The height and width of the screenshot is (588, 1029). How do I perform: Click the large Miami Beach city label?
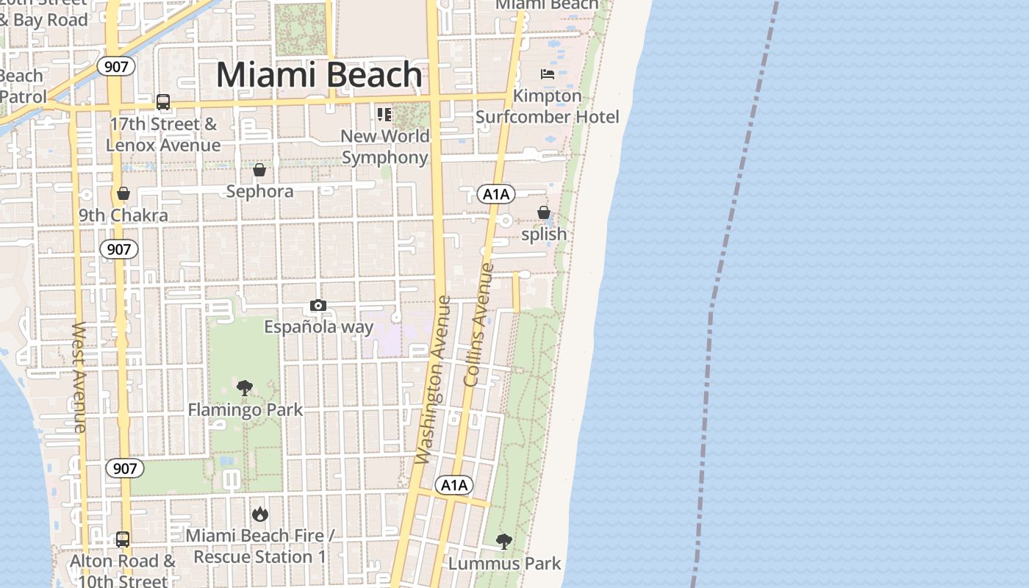pyautogui.click(x=319, y=75)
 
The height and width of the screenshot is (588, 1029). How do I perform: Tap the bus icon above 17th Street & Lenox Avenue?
pyautogui.click(x=163, y=102)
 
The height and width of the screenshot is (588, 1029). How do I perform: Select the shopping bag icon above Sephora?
pyautogui.click(x=259, y=170)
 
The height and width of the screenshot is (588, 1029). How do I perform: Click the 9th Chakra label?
pyautogui.click(x=123, y=215)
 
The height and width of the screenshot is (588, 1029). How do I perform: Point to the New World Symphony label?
pyautogui.click(x=385, y=147)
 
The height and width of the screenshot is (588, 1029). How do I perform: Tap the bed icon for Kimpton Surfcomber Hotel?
pyautogui.click(x=547, y=73)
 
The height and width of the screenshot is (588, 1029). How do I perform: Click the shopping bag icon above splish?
pyautogui.click(x=544, y=212)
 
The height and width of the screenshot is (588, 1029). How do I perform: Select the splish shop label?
pyautogui.click(x=544, y=234)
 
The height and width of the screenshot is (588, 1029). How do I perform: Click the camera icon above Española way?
pyautogui.click(x=318, y=305)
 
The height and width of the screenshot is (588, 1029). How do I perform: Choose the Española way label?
pyautogui.click(x=319, y=327)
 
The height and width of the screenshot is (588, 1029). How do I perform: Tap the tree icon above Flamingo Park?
pyautogui.click(x=245, y=387)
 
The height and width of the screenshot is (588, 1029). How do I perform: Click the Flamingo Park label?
pyautogui.click(x=245, y=409)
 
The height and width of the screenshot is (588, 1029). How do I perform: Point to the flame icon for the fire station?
pyautogui.click(x=259, y=514)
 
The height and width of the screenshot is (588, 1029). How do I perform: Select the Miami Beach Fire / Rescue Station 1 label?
pyautogui.click(x=259, y=546)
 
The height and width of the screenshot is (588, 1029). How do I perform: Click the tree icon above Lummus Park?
pyautogui.click(x=504, y=542)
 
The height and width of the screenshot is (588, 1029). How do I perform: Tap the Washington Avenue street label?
pyautogui.click(x=432, y=379)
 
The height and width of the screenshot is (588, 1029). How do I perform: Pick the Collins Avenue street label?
pyautogui.click(x=477, y=325)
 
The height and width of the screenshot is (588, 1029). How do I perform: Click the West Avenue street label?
pyautogui.click(x=79, y=376)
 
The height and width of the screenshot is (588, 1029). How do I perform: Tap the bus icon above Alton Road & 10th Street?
pyautogui.click(x=123, y=539)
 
